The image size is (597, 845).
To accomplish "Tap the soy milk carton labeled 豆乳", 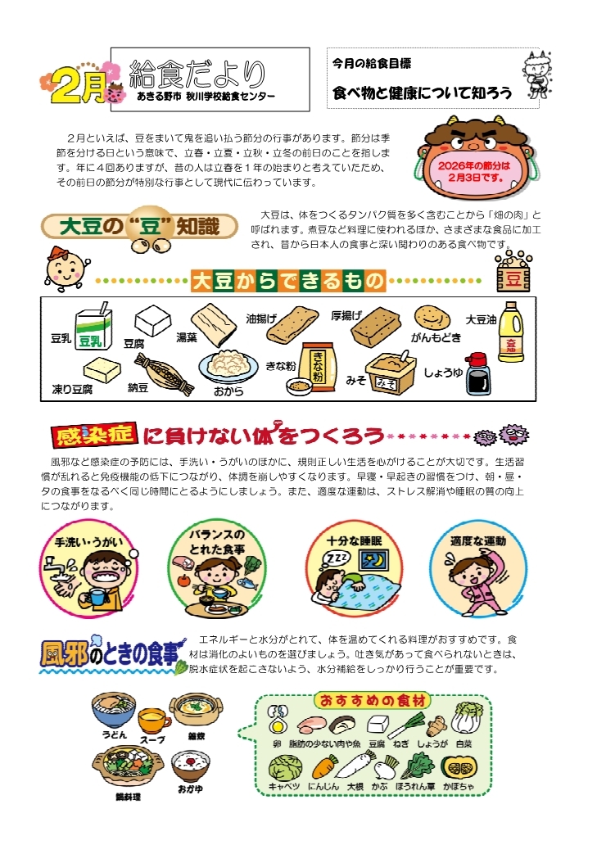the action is (x=93, y=328).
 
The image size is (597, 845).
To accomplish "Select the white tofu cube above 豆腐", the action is (x=152, y=321).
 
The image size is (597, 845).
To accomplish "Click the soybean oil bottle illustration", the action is (x=509, y=332).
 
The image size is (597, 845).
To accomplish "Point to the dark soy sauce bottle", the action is (x=477, y=373).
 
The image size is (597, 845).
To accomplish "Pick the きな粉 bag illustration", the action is (x=318, y=365).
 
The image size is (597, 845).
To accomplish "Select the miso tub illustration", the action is (x=390, y=371).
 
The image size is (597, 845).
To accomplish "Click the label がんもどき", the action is (x=436, y=338).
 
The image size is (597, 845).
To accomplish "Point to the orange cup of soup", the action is (x=154, y=720).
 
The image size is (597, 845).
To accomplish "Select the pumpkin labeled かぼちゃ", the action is (x=458, y=767).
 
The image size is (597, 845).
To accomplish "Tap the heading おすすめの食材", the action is (x=373, y=700).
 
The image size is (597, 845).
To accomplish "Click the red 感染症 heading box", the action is (x=93, y=436).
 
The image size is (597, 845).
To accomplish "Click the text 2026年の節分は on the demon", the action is (x=473, y=166).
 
